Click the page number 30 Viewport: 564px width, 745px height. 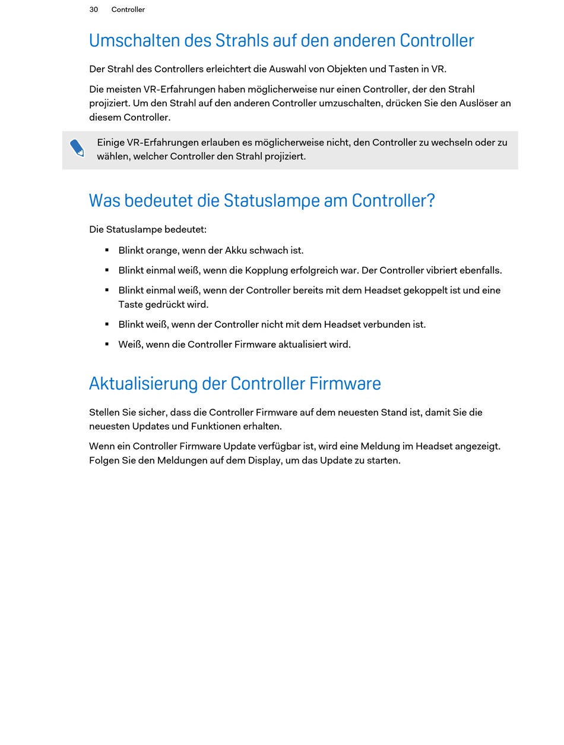click(x=93, y=10)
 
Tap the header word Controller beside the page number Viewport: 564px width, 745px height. click(x=128, y=10)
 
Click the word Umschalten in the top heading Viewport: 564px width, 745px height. click(x=126, y=40)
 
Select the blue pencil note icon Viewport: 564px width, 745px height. click(x=77, y=148)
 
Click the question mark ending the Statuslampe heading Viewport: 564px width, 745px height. click(x=430, y=201)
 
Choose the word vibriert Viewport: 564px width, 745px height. click(x=443, y=270)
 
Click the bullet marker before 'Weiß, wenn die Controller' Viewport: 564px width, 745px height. click(x=107, y=344)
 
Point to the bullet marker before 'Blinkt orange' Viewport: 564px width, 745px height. click(x=107, y=250)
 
